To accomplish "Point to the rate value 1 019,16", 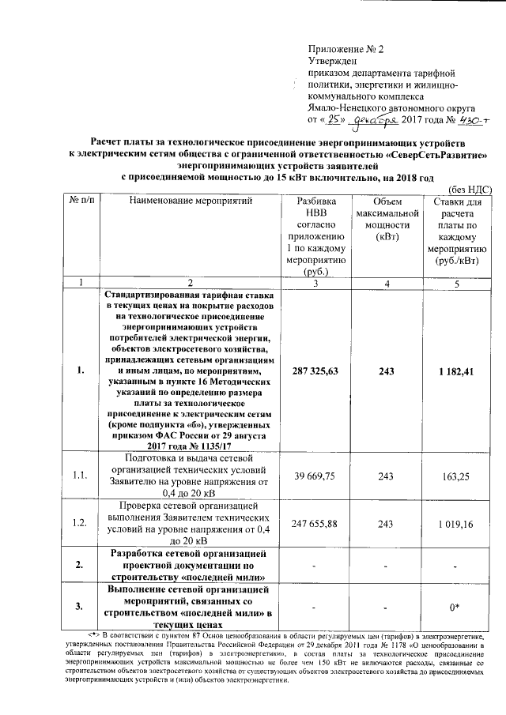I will pos(459,523).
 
